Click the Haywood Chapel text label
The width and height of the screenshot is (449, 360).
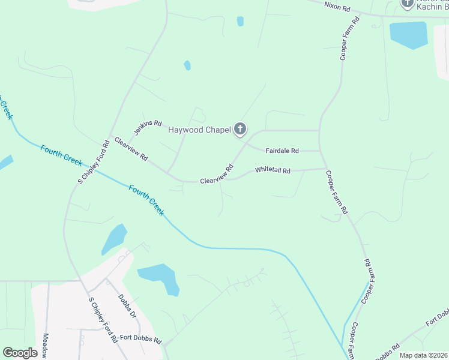click(x=199, y=130)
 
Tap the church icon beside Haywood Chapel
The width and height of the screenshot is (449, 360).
click(x=240, y=128)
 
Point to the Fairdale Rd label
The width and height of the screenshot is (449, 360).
click(x=282, y=151)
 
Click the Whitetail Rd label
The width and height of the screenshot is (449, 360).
click(x=273, y=171)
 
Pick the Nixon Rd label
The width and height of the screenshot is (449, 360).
click(x=337, y=7)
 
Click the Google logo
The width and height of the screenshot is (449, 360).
click(x=20, y=353)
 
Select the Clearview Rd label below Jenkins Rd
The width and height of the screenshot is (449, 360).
click(x=131, y=148)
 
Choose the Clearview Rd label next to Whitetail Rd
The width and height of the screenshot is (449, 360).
click(x=216, y=175)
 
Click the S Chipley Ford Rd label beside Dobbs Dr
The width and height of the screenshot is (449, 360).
click(x=103, y=320)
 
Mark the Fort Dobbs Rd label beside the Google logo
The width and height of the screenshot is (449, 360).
click(x=140, y=340)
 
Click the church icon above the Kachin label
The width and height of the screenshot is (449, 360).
click(x=408, y=4)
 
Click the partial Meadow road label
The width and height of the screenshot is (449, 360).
click(x=46, y=346)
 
